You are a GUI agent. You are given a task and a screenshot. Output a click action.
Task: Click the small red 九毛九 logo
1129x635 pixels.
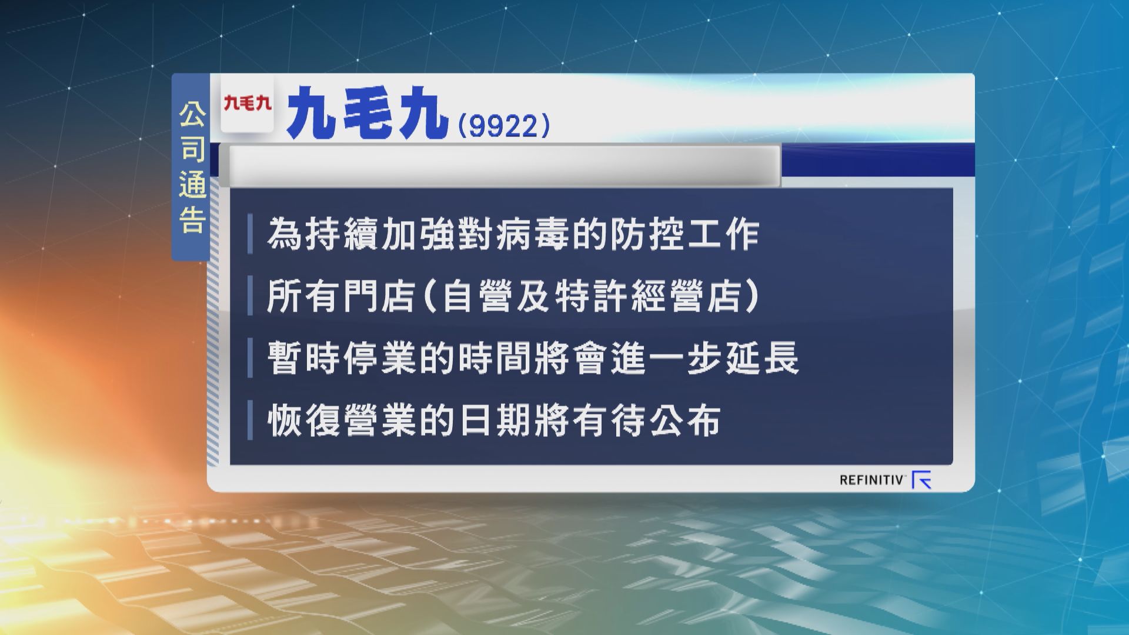coord(248,104)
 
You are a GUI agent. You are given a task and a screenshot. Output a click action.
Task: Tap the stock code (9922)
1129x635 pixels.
coord(503,126)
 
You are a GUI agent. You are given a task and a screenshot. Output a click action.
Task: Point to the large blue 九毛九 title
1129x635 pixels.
coord(365,113)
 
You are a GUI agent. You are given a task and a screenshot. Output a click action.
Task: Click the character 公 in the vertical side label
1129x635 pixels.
coord(192,116)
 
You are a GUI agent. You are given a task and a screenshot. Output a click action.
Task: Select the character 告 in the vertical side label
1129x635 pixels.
coord(192,221)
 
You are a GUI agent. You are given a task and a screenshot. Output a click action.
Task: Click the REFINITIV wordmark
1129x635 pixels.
coord(871,480)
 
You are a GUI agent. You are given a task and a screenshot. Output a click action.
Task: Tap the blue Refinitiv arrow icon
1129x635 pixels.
coord(921,480)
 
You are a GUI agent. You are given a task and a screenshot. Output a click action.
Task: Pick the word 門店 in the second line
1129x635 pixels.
coord(379,297)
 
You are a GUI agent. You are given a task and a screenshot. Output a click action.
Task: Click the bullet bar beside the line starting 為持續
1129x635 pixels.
coord(250,235)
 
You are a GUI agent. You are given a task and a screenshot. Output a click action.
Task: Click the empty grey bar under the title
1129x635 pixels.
coord(504,166)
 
